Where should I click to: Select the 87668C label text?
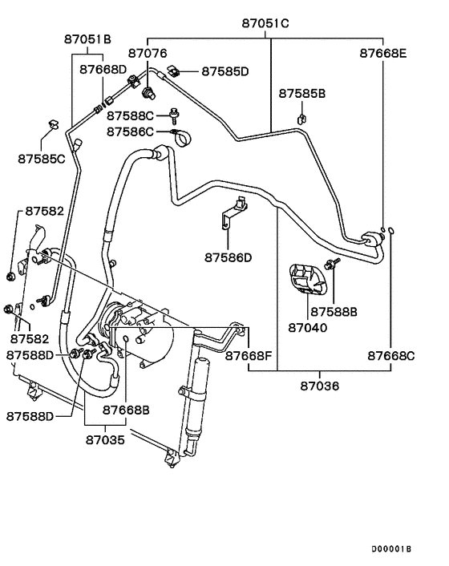pos(390,354)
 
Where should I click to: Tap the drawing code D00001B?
pos(390,549)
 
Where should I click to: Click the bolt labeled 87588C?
pos(173,115)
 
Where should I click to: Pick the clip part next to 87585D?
pos(183,72)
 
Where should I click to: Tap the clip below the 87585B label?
pos(301,119)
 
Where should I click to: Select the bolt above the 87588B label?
pos(330,265)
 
